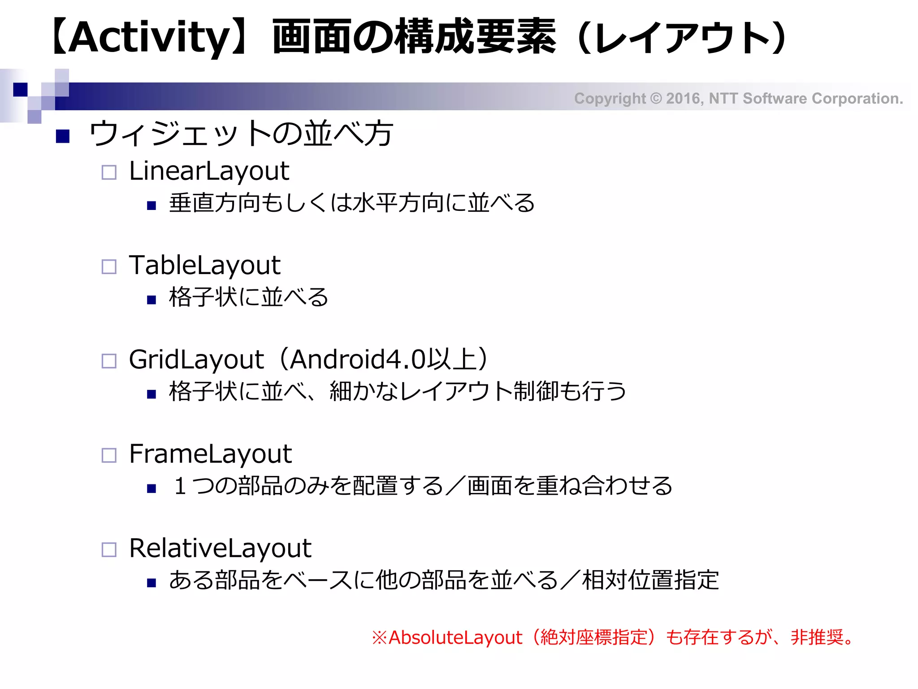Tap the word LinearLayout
click(x=209, y=171)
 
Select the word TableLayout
click(x=204, y=265)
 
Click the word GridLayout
click(x=196, y=360)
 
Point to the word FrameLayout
click(x=210, y=454)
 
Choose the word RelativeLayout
click(x=220, y=548)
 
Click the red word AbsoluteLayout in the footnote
click(x=455, y=637)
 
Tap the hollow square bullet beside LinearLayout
click(x=109, y=172)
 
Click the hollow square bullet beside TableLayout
click(x=109, y=267)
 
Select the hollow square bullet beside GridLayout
click(x=109, y=361)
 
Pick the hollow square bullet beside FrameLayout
click(x=109, y=455)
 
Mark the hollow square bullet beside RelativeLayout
click(x=109, y=549)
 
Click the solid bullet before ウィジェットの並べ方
click(x=63, y=136)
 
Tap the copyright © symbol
click(x=656, y=99)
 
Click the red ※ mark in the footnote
click(x=379, y=637)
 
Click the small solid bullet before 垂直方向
click(x=152, y=206)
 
